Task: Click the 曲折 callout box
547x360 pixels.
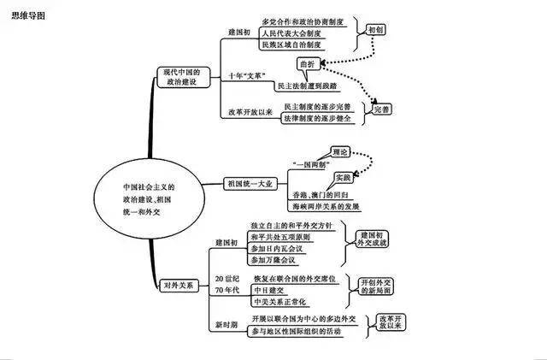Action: click(306, 64)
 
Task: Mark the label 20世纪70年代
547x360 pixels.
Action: click(227, 285)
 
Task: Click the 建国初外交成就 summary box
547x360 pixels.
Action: click(373, 239)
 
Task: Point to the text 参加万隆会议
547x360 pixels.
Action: click(274, 258)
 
